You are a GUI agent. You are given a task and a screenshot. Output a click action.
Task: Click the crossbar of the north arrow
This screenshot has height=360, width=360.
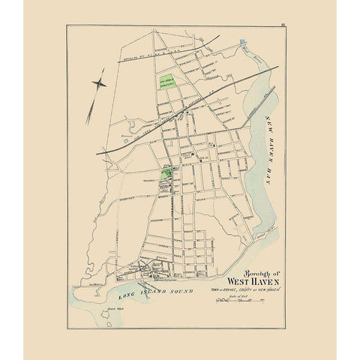click(x=97, y=83)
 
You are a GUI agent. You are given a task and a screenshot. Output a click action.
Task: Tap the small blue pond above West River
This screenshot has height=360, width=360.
click(x=244, y=45)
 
